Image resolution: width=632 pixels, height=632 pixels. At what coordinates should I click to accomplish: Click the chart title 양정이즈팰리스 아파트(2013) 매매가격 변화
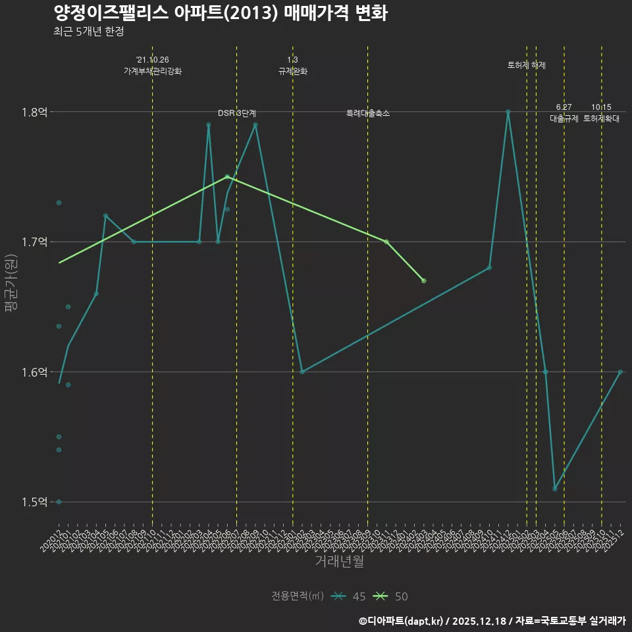tap(220, 13)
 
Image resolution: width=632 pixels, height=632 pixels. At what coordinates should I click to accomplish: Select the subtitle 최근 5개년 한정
tap(89, 32)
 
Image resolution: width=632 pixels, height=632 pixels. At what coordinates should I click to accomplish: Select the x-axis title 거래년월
tap(339, 562)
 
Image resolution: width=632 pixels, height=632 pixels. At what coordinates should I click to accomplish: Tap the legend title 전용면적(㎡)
tap(298, 596)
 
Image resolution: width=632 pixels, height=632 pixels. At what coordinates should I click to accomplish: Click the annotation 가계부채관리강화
tap(152, 71)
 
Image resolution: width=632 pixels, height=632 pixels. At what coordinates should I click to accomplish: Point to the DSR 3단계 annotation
tap(237, 114)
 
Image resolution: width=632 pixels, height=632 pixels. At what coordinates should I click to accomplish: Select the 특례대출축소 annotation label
tap(368, 114)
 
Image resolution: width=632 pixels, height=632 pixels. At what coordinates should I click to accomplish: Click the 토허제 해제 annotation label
tap(527, 65)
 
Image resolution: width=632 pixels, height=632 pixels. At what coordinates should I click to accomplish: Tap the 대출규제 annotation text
tap(564, 119)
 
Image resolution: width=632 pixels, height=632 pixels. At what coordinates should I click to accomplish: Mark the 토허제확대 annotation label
tap(601, 119)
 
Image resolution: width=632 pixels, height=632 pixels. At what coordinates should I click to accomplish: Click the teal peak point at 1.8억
tap(508, 112)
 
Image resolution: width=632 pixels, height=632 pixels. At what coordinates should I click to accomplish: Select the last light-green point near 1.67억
tap(424, 281)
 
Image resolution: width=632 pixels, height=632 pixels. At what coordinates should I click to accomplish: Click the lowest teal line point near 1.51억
tap(555, 489)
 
